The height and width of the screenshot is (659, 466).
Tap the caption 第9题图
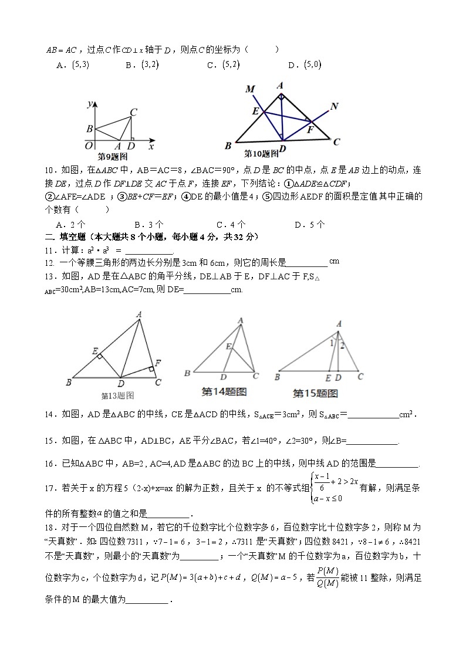tap(112, 157)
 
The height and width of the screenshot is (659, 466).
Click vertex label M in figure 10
tap(250, 89)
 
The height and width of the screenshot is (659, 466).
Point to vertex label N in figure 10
tap(334, 106)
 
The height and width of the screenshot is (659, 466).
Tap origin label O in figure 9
tap(89, 146)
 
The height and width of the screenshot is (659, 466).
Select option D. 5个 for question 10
tap(309, 224)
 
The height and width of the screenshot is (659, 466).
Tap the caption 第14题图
tap(224, 391)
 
